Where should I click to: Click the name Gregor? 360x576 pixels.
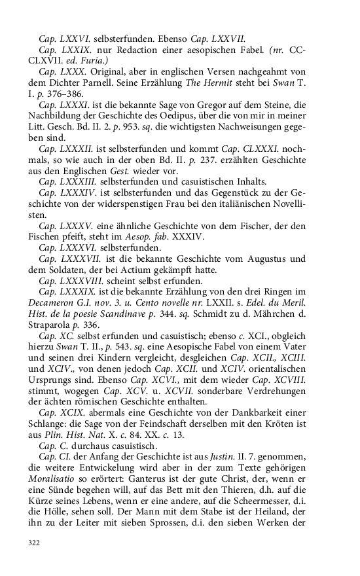[200, 103]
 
